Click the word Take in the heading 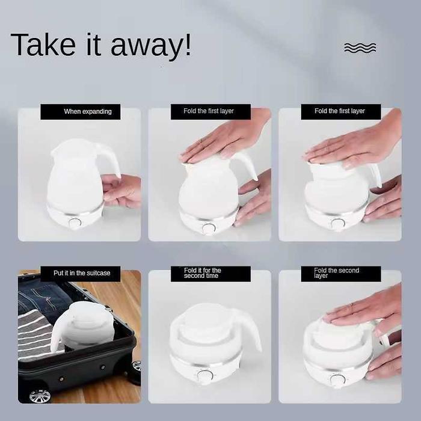point(43,45)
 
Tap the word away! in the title point(150,46)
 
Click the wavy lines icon point(360,48)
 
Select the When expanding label point(88,111)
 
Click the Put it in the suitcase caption point(82,273)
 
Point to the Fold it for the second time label point(203,273)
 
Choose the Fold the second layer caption point(336,273)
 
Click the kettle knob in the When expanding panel point(75,223)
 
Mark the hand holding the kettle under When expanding point(121,190)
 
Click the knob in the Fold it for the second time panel point(205,375)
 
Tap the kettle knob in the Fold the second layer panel point(337,379)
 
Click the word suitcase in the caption point(99,273)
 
